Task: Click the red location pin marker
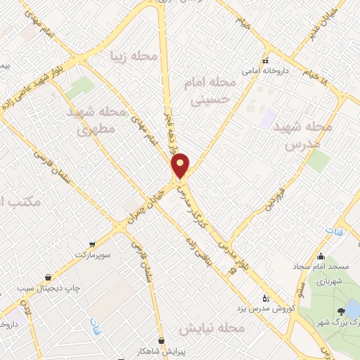pos(181,165)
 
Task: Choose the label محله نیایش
pos(211,328)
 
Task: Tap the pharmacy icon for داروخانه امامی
pos(266,60)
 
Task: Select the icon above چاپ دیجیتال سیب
pos(47,276)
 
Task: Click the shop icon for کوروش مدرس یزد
pos(264,297)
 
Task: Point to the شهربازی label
pos(328,281)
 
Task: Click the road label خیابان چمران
pos(150,205)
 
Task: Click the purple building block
pos(268,118)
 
